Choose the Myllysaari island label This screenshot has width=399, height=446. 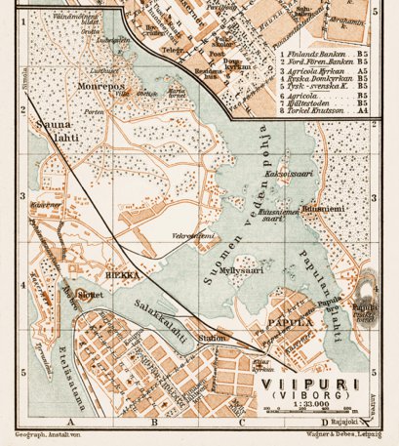click(x=242, y=271)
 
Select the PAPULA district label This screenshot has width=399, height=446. click(x=281, y=319)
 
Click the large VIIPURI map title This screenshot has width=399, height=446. click(x=307, y=384)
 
